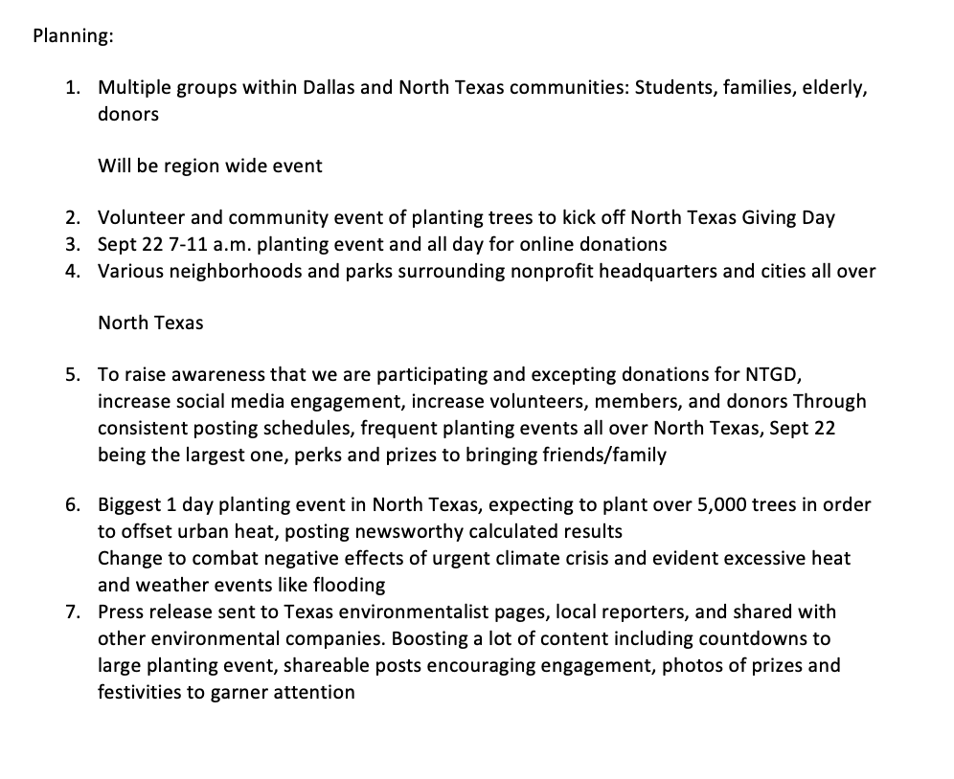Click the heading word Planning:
73,36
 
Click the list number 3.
73,244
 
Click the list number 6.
73,504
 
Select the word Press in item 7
123,612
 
